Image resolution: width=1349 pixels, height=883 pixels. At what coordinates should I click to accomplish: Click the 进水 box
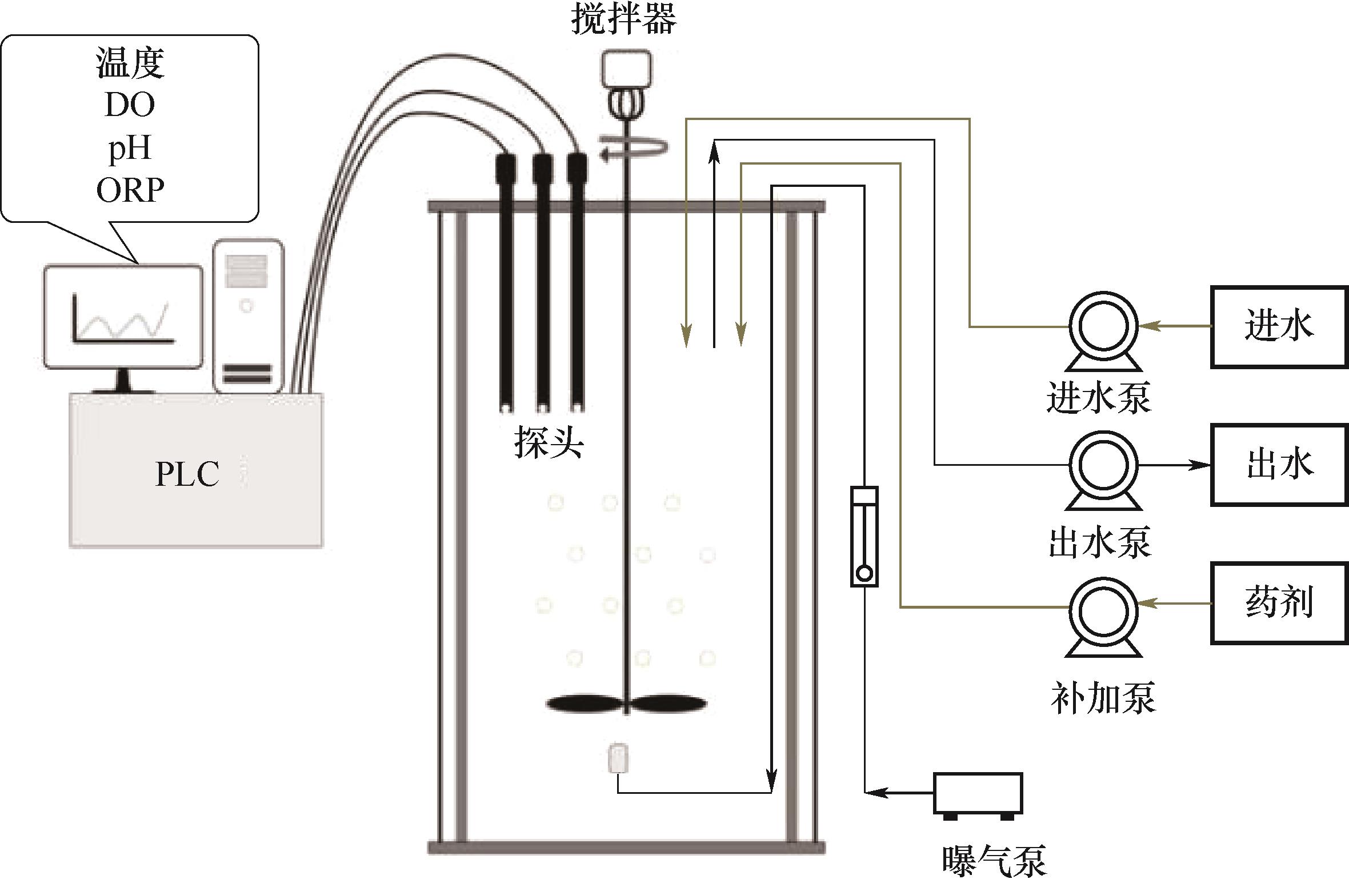tap(1279, 327)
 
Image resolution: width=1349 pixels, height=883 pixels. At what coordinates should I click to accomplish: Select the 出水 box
tap(1279, 464)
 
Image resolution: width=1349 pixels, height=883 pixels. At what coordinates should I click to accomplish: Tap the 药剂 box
tap(1279, 603)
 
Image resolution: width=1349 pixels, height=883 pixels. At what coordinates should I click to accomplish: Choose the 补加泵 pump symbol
tap(1103, 612)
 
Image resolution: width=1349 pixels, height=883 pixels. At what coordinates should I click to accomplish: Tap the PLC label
tap(187, 474)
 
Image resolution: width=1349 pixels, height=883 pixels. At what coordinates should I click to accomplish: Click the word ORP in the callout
tap(130, 190)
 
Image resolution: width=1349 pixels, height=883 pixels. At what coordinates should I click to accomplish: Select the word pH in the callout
tap(130, 147)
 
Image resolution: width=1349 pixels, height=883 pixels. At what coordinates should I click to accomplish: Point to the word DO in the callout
tap(130, 105)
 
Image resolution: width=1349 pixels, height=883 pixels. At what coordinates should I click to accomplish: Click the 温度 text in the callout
tap(130, 63)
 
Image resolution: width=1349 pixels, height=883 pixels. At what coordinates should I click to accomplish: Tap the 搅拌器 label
tap(624, 19)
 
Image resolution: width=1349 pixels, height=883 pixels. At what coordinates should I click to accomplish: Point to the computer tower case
tap(247, 316)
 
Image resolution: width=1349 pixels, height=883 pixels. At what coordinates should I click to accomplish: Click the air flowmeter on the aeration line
tap(864, 536)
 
